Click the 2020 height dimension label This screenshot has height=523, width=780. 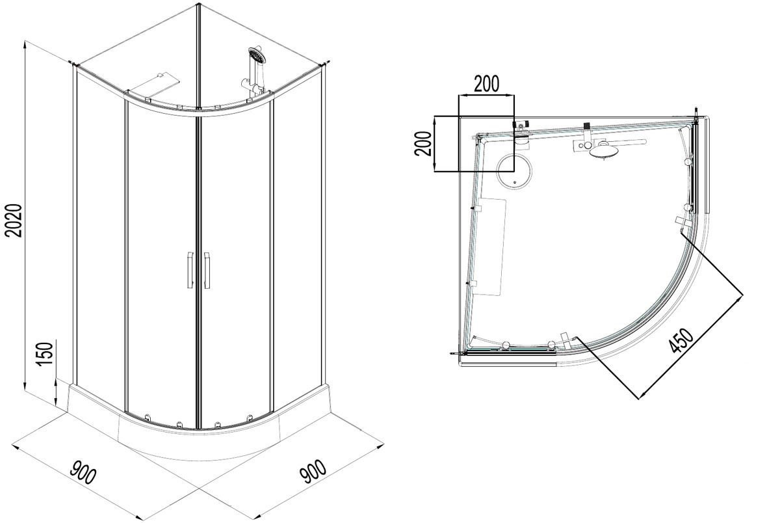tap(14, 221)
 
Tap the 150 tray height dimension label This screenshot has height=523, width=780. tap(45, 354)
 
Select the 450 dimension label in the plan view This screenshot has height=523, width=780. tap(681, 340)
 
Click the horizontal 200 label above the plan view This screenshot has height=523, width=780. tap(486, 84)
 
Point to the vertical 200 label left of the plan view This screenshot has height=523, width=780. tap(423, 144)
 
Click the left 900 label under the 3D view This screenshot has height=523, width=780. tap(83, 472)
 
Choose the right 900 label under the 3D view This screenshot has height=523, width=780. tap(313, 472)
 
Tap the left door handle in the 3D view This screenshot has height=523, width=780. tap(190, 270)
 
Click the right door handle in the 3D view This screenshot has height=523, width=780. tap(207, 270)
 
